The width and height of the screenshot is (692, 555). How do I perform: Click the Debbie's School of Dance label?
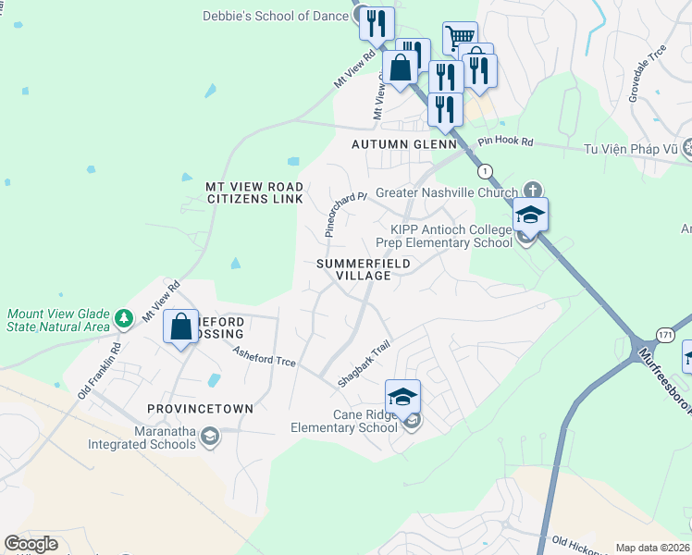pyautogui.click(x=275, y=15)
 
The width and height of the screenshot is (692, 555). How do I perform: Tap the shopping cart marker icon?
pyautogui.click(x=460, y=39)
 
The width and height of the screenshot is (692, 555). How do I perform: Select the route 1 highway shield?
pyautogui.click(x=484, y=171)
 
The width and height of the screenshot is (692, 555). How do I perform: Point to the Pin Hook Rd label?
pyautogui.click(x=506, y=142)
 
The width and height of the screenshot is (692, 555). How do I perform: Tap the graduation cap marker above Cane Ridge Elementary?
pyautogui.click(x=402, y=397)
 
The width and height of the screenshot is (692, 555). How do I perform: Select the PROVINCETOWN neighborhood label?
pyautogui.click(x=200, y=408)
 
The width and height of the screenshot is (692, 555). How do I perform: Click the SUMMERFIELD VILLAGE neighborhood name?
pyautogui.click(x=363, y=269)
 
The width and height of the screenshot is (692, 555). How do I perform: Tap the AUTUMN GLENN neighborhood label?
pyautogui.click(x=404, y=145)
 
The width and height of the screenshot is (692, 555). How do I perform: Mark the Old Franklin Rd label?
pyautogui.click(x=99, y=372)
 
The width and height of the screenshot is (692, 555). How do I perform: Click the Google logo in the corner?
pyautogui.click(x=31, y=544)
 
